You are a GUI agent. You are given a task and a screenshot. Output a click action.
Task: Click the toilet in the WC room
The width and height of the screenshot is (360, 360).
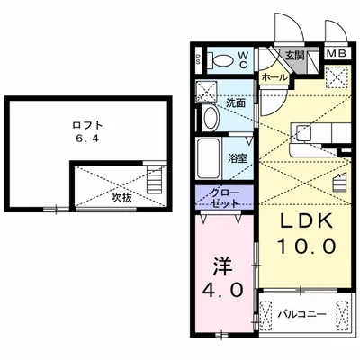(220, 60)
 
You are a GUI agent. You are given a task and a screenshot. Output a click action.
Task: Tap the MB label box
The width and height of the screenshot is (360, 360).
(337, 53)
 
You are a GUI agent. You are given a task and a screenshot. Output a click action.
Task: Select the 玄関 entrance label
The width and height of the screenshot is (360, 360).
(295, 56)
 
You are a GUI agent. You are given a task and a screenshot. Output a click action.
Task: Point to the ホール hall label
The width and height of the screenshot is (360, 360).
(274, 77)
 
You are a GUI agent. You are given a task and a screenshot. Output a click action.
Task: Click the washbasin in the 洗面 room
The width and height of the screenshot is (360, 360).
(211, 117)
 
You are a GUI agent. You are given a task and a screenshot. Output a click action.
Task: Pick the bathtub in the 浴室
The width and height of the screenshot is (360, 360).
(209, 158)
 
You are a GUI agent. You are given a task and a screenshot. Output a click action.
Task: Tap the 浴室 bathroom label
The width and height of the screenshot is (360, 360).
(238, 158)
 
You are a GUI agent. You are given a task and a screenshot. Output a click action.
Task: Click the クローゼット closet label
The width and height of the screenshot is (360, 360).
(225, 198)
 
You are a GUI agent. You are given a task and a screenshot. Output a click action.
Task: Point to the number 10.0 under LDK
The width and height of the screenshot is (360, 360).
(306, 247)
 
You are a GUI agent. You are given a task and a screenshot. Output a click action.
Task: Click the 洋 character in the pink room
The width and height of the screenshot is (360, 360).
(223, 266)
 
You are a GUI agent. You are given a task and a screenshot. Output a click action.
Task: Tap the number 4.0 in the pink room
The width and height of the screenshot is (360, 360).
(222, 290)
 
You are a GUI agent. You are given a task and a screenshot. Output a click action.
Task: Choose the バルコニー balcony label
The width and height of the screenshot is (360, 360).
(301, 315)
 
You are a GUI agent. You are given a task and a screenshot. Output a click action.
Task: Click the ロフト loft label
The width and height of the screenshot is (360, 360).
(87, 125)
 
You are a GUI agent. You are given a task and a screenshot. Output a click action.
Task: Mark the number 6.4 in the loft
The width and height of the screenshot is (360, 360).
(87, 139)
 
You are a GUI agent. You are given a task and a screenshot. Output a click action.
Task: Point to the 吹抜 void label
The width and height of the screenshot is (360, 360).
(121, 197)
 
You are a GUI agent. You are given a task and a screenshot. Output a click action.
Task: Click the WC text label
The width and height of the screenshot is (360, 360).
(243, 60)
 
